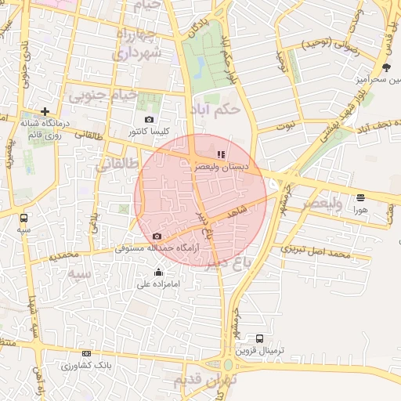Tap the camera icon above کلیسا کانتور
coord(150,119)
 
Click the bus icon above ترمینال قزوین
coord(259,338)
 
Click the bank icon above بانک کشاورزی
coord(86,354)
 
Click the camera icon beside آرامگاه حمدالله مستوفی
coord(157,237)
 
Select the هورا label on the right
coord(360,210)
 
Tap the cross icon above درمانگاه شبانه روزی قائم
coord(46,112)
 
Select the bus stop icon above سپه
coord(24,219)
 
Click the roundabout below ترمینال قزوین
coord(228,365)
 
